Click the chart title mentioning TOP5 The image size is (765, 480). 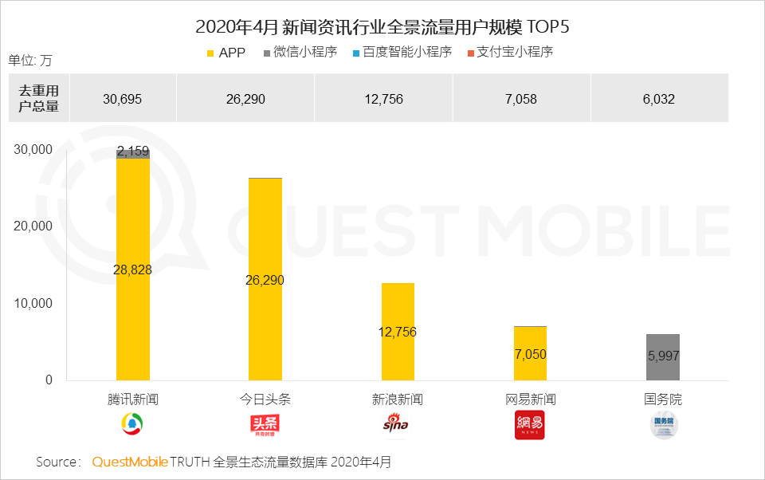382,27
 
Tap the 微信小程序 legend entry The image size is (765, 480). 300,53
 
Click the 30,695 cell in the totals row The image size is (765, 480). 124,99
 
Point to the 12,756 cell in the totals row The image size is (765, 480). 383,99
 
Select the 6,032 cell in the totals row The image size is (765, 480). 659,99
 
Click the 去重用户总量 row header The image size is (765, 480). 39,98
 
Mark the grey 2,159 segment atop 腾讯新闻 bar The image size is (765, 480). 133,152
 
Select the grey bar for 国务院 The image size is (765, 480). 663,357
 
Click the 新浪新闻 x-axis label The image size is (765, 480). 398,399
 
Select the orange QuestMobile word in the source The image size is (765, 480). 130,462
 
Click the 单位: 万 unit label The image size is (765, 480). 30,61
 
